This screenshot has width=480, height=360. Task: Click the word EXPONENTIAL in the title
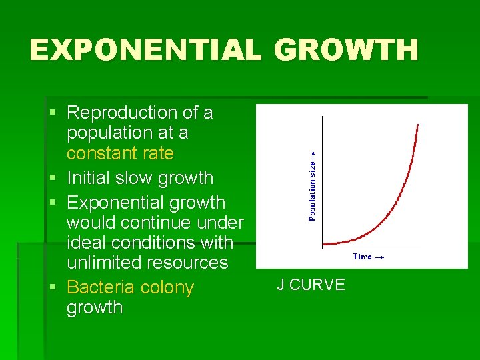145,51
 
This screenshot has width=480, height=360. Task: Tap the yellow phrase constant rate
120,153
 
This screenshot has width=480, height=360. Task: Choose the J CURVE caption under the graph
311,285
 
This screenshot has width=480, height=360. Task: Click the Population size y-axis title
312,186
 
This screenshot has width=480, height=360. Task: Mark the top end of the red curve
418,125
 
